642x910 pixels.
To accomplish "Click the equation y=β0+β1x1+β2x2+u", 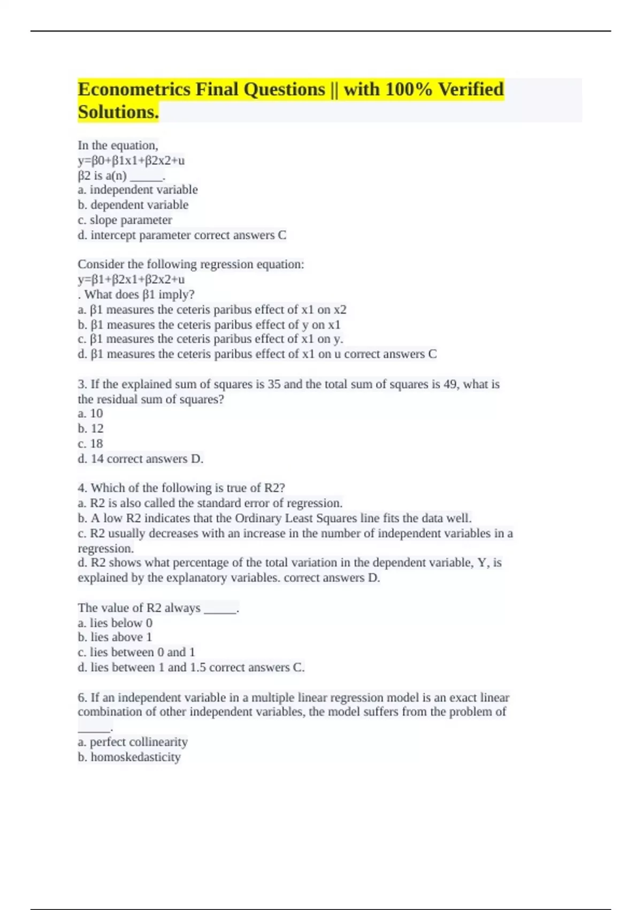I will [x=131, y=160].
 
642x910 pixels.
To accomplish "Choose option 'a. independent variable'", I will [x=137, y=189].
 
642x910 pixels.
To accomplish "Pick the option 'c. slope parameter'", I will [x=125, y=220].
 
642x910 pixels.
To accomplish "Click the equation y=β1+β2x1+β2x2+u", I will [x=131, y=279].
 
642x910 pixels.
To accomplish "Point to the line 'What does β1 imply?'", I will [x=139, y=294].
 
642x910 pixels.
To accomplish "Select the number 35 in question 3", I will [x=274, y=384].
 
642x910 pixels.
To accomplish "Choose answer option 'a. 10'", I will [x=90, y=413].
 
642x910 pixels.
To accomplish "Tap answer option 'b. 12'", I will [x=90, y=428].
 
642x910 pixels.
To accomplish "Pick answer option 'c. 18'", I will [x=90, y=444].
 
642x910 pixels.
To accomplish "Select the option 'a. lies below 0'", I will [x=115, y=623].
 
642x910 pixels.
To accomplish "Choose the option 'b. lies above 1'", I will [x=115, y=637].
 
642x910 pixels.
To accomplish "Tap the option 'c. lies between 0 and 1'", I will [x=136, y=652].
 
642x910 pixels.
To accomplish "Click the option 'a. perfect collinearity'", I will [x=133, y=742].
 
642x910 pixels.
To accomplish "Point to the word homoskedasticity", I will [x=135, y=757].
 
